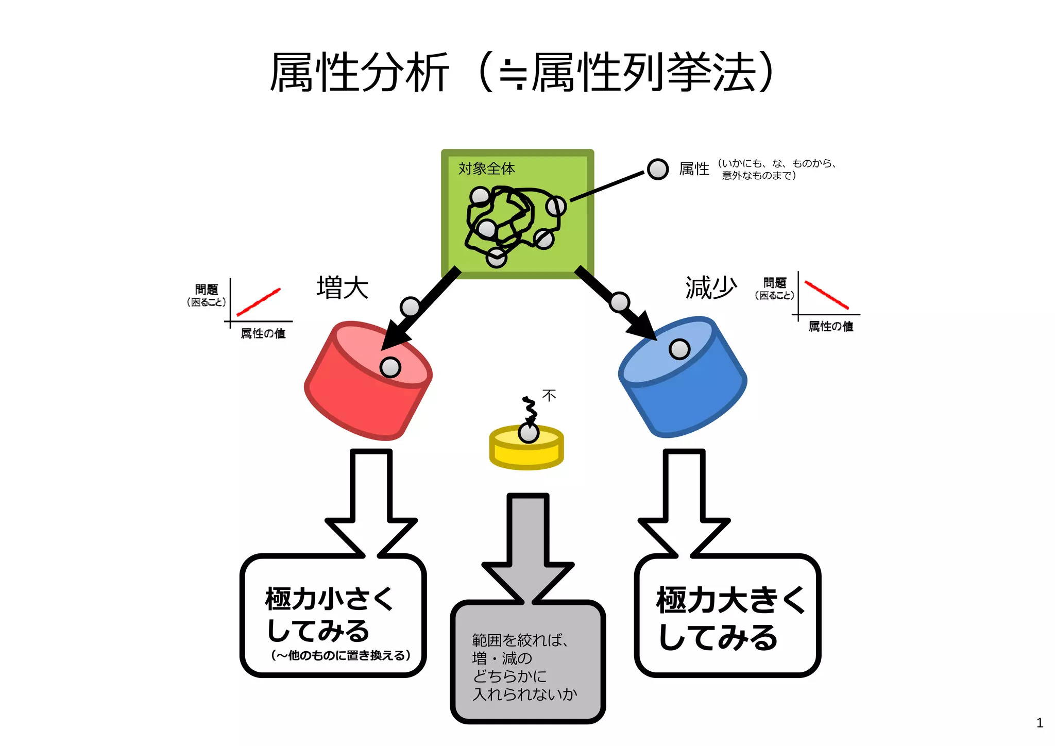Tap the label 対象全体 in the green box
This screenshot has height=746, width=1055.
[x=486, y=168]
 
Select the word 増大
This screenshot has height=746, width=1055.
[x=343, y=287]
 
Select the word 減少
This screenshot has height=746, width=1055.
[x=711, y=287]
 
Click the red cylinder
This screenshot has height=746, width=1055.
[x=361, y=397]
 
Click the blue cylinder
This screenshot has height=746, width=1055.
[x=690, y=397]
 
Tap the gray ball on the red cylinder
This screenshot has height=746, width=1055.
[x=390, y=367]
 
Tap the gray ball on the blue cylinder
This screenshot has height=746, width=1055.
[x=679, y=349]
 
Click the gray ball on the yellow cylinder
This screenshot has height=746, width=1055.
[x=529, y=433]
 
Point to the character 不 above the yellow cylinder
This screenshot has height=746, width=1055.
[x=549, y=395]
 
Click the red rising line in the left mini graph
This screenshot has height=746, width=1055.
[x=259, y=302]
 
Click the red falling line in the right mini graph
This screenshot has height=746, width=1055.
[x=826, y=295]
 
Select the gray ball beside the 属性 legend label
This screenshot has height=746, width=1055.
[x=658, y=169]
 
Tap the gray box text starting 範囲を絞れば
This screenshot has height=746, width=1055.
[x=523, y=667]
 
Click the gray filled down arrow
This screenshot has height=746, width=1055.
[x=528, y=546]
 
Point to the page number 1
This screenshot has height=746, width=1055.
[x=1040, y=723]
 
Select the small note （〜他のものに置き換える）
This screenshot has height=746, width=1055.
[x=341, y=655]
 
